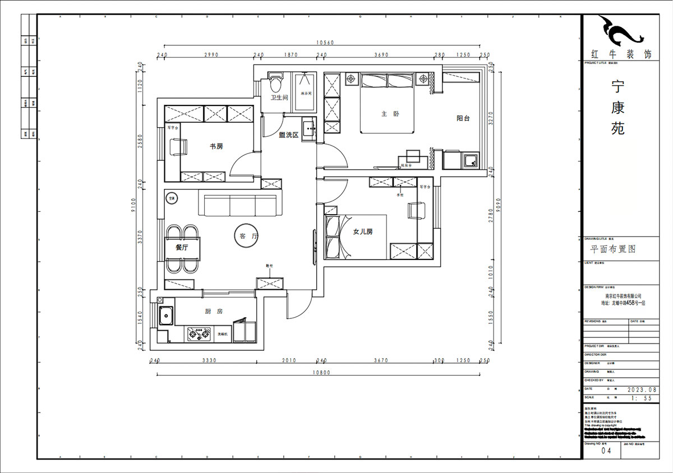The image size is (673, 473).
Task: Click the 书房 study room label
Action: (x=216, y=146)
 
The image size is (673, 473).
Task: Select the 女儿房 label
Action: (x=363, y=232)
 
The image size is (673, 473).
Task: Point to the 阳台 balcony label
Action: (x=463, y=118)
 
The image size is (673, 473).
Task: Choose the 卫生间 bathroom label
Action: (x=279, y=98)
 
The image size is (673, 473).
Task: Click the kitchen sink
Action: (x=165, y=316)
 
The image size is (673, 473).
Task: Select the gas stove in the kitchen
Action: (x=196, y=335)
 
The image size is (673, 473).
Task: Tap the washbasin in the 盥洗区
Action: (x=309, y=129)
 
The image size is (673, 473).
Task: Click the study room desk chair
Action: (x=179, y=147)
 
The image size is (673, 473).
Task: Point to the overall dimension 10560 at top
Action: (x=325, y=43)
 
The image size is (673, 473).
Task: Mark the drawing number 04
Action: (x=606, y=450)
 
